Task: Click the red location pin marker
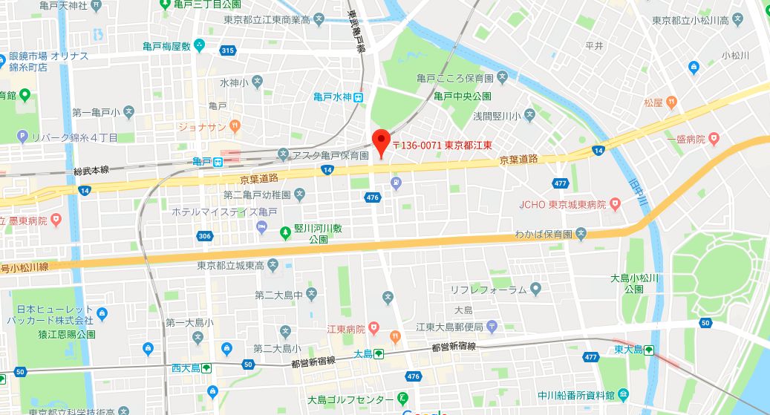pyautogui.click(x=381, y=140)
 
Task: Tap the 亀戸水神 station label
pyautogui.click(x=332, y=97)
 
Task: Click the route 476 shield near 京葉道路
pyautogui.click(x=373, y=197)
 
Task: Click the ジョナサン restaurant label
pyautogui.click(x=201, y=127)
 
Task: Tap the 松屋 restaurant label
pyautogui.click(x=653, y=102)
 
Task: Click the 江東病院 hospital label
pyautogui.click(x=345, y=328)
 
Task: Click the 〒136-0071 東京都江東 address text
pyautogui.click(x=443, y=146)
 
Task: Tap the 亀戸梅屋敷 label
pyautogui.click(x=168, y=46)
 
